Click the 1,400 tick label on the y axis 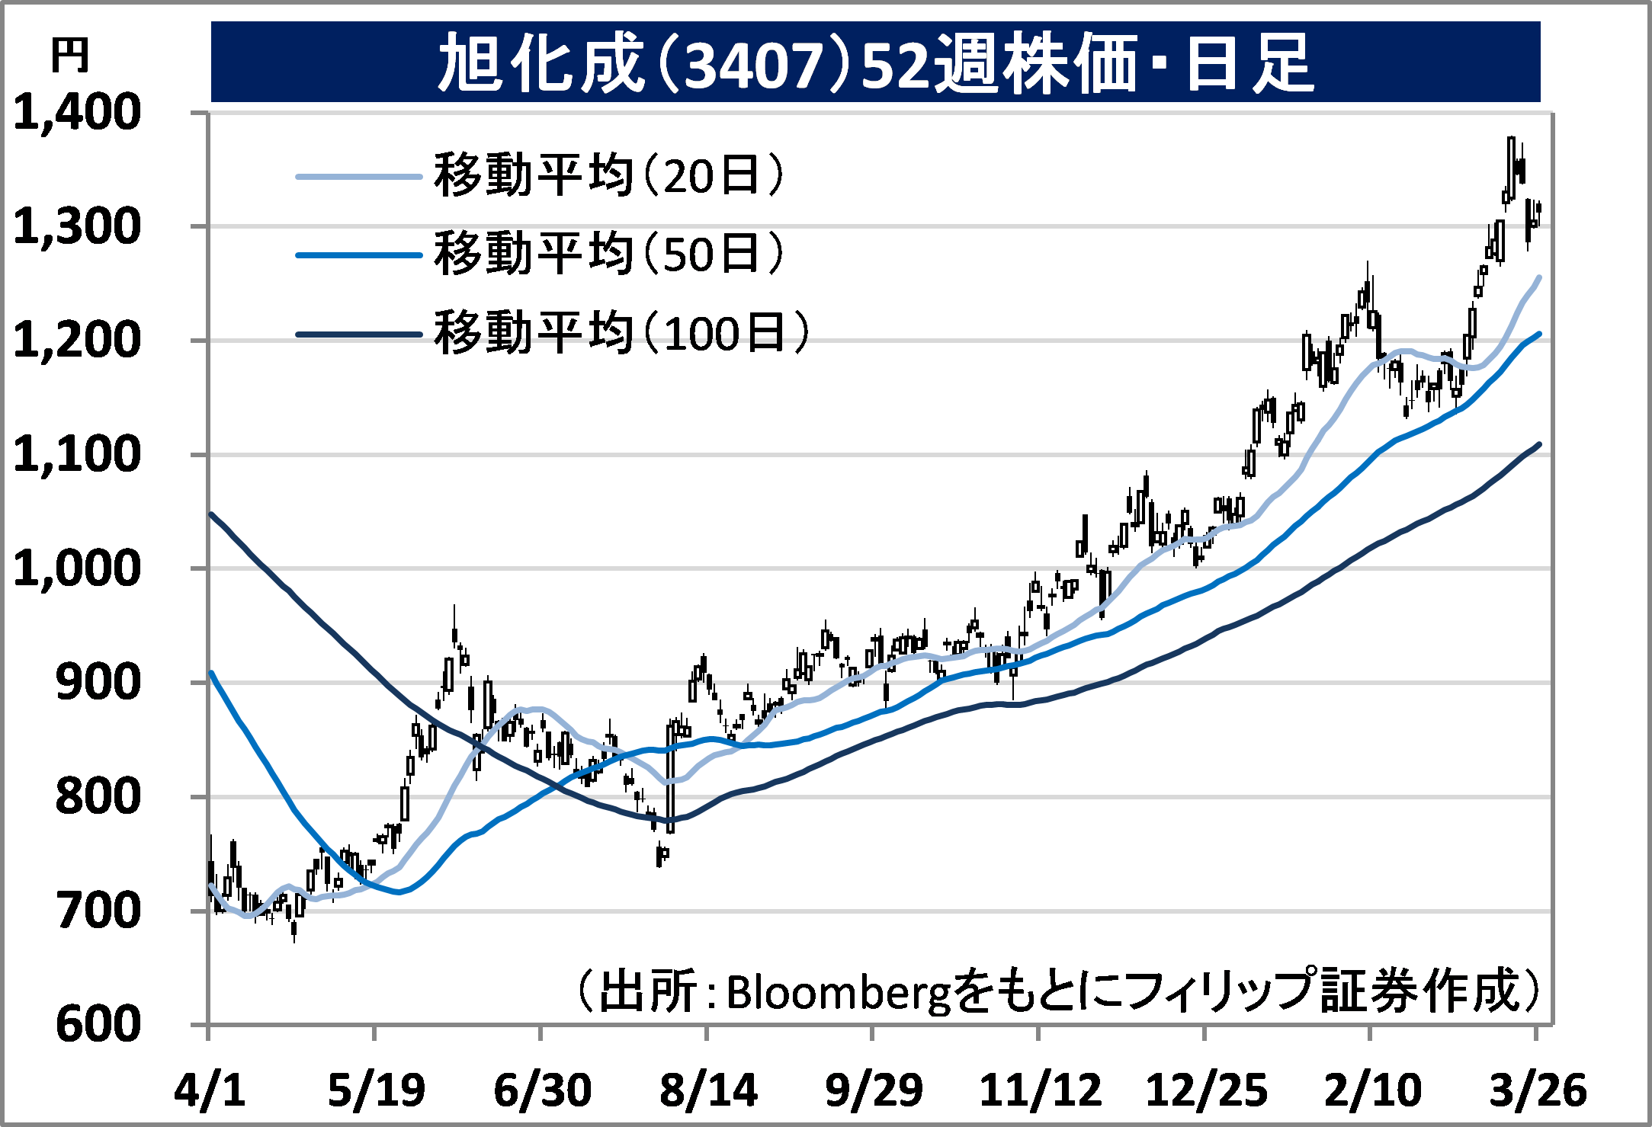[x=77, y=113]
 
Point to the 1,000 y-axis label [x=77, y=568]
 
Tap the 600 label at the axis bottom [x=98, y=1024]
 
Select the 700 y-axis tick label [x=98, y=911]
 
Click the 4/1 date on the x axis [x=209, y=1090]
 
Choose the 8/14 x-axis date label [x=707, y=1090]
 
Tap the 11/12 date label [x=1040, y=1090]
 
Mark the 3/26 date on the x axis [x=1538, y=1090]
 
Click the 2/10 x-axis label [x=1372, y=1090]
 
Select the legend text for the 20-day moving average [x=608, y=176]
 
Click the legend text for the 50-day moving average [x=608, y=255]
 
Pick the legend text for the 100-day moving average [x=621, y=333]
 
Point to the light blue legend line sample [x=358, y=177]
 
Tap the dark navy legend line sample [x=358, y=334]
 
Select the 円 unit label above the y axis [x=69, y=56]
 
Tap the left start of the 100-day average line [x=211, y=514]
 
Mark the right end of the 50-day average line [x=1540, y=334]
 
